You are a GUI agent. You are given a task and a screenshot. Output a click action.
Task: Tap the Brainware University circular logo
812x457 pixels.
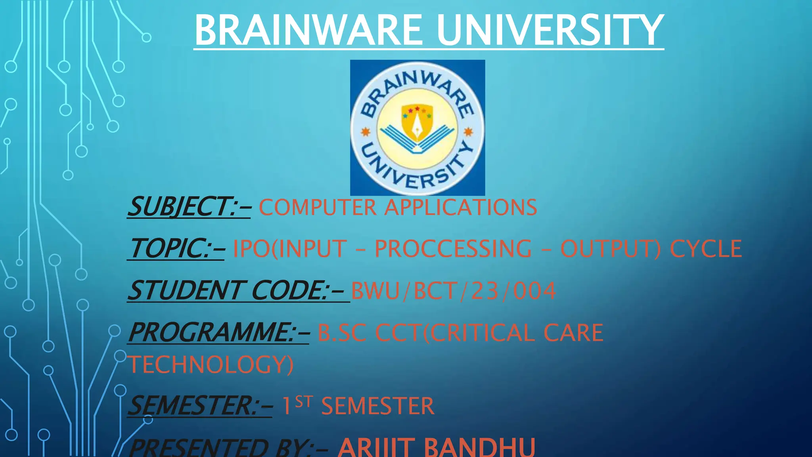pyautogui.click(x=417, y=128)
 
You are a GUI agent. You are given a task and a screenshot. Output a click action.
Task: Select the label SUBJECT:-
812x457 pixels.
pyautogui.click(x=189, y=207)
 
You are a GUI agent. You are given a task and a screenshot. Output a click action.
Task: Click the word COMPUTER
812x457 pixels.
pyautogui.click(x=318, y=207)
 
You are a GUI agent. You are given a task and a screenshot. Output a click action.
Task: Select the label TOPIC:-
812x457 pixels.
pyautogui.click(x=177, y=249)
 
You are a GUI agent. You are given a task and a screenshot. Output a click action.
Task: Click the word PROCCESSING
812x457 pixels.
pyautogui.click(x=453, y=249)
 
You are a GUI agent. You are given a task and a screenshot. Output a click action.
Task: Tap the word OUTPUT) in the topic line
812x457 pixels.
pyautogui.click(x=610, y=249)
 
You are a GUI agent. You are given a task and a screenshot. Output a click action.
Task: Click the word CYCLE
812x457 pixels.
pyautogui.click(x=706, y=249)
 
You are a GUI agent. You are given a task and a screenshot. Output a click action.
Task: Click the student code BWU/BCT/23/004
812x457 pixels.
pyautogui.click(x=454, y=291)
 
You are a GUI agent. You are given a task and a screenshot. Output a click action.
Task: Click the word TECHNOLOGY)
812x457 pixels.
pyautogui.click(x=211, y=365)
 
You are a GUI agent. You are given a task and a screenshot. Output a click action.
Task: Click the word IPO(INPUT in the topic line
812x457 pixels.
pyautogui.click(x=289, y=249)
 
